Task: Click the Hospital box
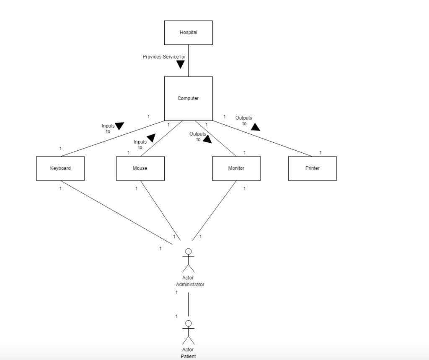188,33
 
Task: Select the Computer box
188,98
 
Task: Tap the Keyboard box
60,168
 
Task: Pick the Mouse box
140,168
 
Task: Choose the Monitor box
236,168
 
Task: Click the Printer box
312,168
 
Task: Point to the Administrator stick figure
188,260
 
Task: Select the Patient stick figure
188,332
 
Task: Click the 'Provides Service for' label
164,57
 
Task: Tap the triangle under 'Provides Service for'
181,64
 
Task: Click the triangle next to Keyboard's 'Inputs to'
119,126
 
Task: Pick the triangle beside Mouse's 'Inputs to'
151,138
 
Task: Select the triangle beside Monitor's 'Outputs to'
207,139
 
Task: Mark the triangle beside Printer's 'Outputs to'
255,126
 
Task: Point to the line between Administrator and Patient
188,304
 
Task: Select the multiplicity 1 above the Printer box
320,153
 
